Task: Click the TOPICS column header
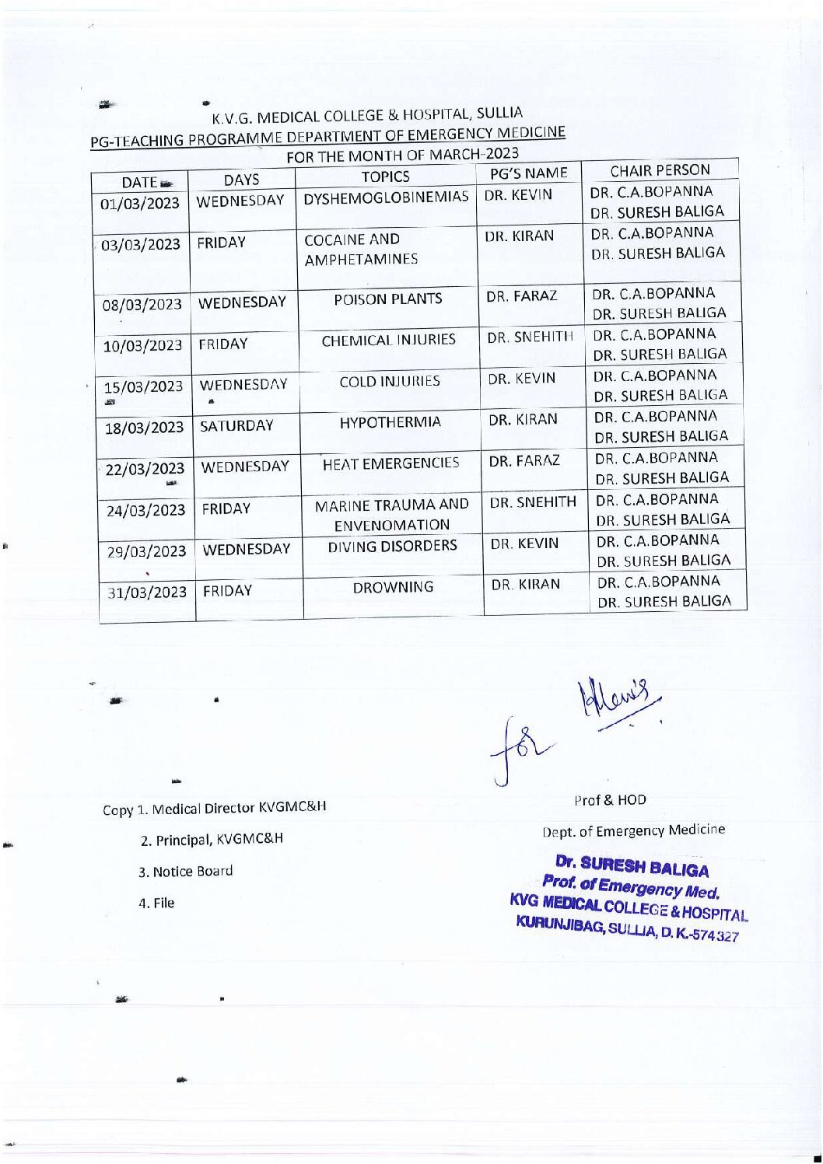click(385, 177)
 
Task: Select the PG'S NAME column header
click(528, 173)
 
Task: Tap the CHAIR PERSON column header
click(660, 170)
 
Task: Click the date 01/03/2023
click(140, 204)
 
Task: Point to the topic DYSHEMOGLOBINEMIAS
click(386, 197)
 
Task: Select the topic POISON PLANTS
click(388, 299)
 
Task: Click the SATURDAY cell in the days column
click(237, 425)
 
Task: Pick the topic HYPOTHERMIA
click(390, 422)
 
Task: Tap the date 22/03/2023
click(145, 469)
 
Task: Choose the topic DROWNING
click(393, 587)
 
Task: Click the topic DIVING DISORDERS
click(392, 546)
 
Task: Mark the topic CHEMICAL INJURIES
click(389, 340)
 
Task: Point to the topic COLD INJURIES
click(390, 381)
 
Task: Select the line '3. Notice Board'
click(185, 871)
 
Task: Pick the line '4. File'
click(156, 903)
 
